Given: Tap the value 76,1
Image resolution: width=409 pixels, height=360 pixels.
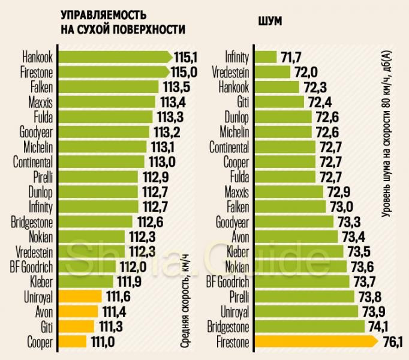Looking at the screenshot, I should coord(392,343).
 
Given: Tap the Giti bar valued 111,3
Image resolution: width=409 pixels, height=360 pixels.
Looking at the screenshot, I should coord(76,328).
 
